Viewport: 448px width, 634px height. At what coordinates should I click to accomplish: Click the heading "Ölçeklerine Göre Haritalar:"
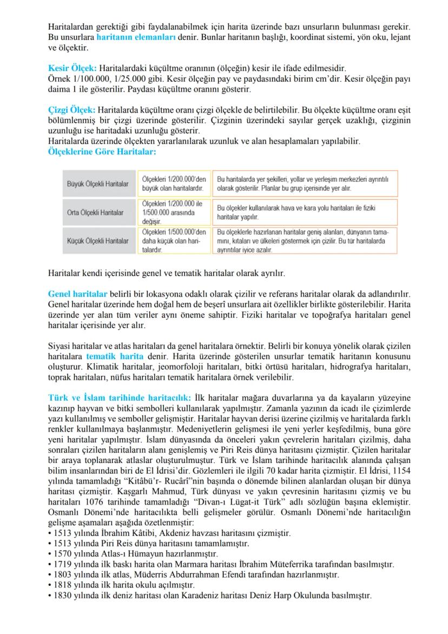[x=102, y=152]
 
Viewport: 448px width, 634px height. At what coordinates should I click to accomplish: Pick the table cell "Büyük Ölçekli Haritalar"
[x=97, y=184]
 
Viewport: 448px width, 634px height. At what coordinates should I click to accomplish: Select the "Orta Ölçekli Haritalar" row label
[x=95, y=212]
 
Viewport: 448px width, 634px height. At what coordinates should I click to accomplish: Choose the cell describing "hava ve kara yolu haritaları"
[x=304, y=212]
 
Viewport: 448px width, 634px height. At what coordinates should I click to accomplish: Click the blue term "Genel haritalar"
[x=77, y=294]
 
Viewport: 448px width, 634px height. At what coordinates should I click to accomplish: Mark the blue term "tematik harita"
[x=115, y=356]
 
